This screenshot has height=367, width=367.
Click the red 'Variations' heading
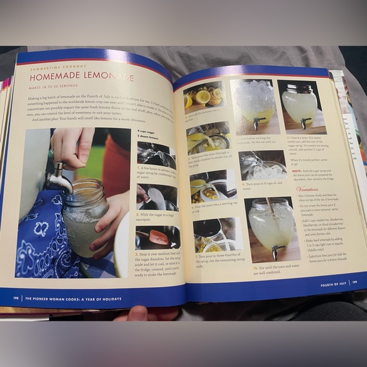pos(308,189)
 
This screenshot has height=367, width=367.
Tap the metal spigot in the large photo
pos(58,180)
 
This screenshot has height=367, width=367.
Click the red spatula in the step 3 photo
pos(158,238)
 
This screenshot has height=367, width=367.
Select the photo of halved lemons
pos(204,96)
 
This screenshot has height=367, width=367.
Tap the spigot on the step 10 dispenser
pos(273,252)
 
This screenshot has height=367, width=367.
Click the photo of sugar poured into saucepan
pos(156,197)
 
